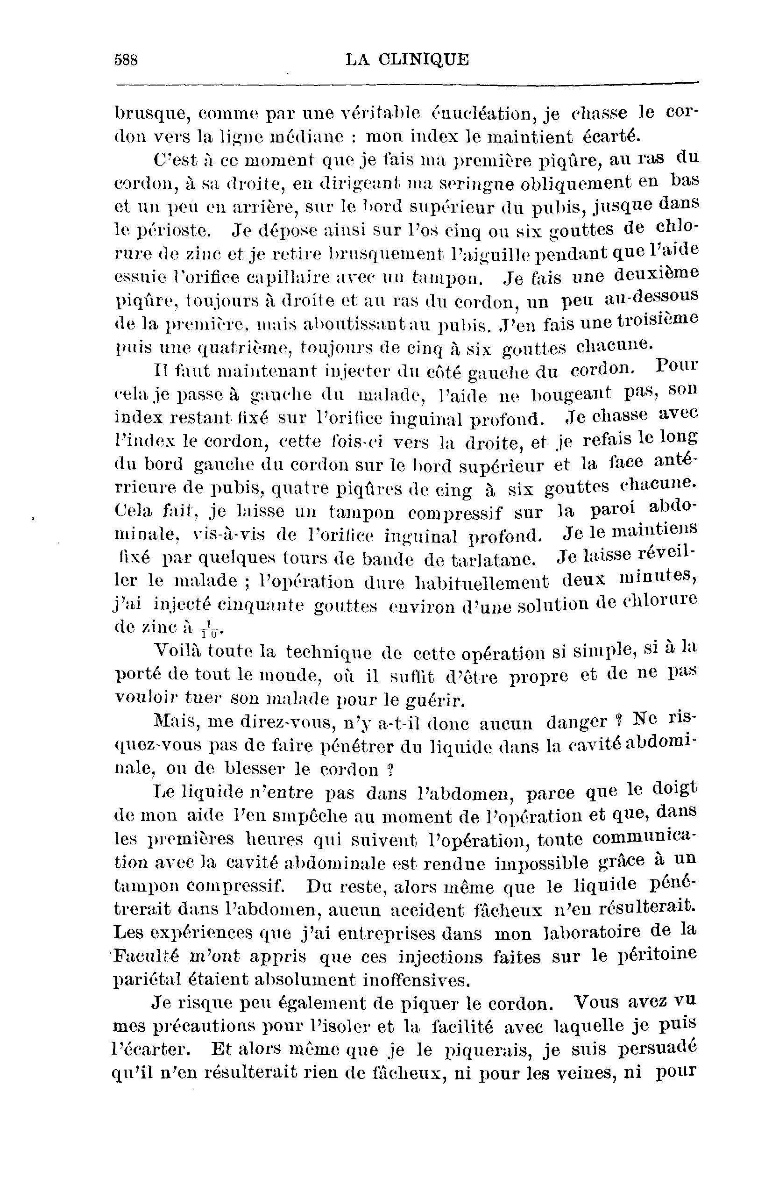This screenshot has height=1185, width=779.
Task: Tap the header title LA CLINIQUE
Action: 407,60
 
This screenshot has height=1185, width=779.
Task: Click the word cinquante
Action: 262,606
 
